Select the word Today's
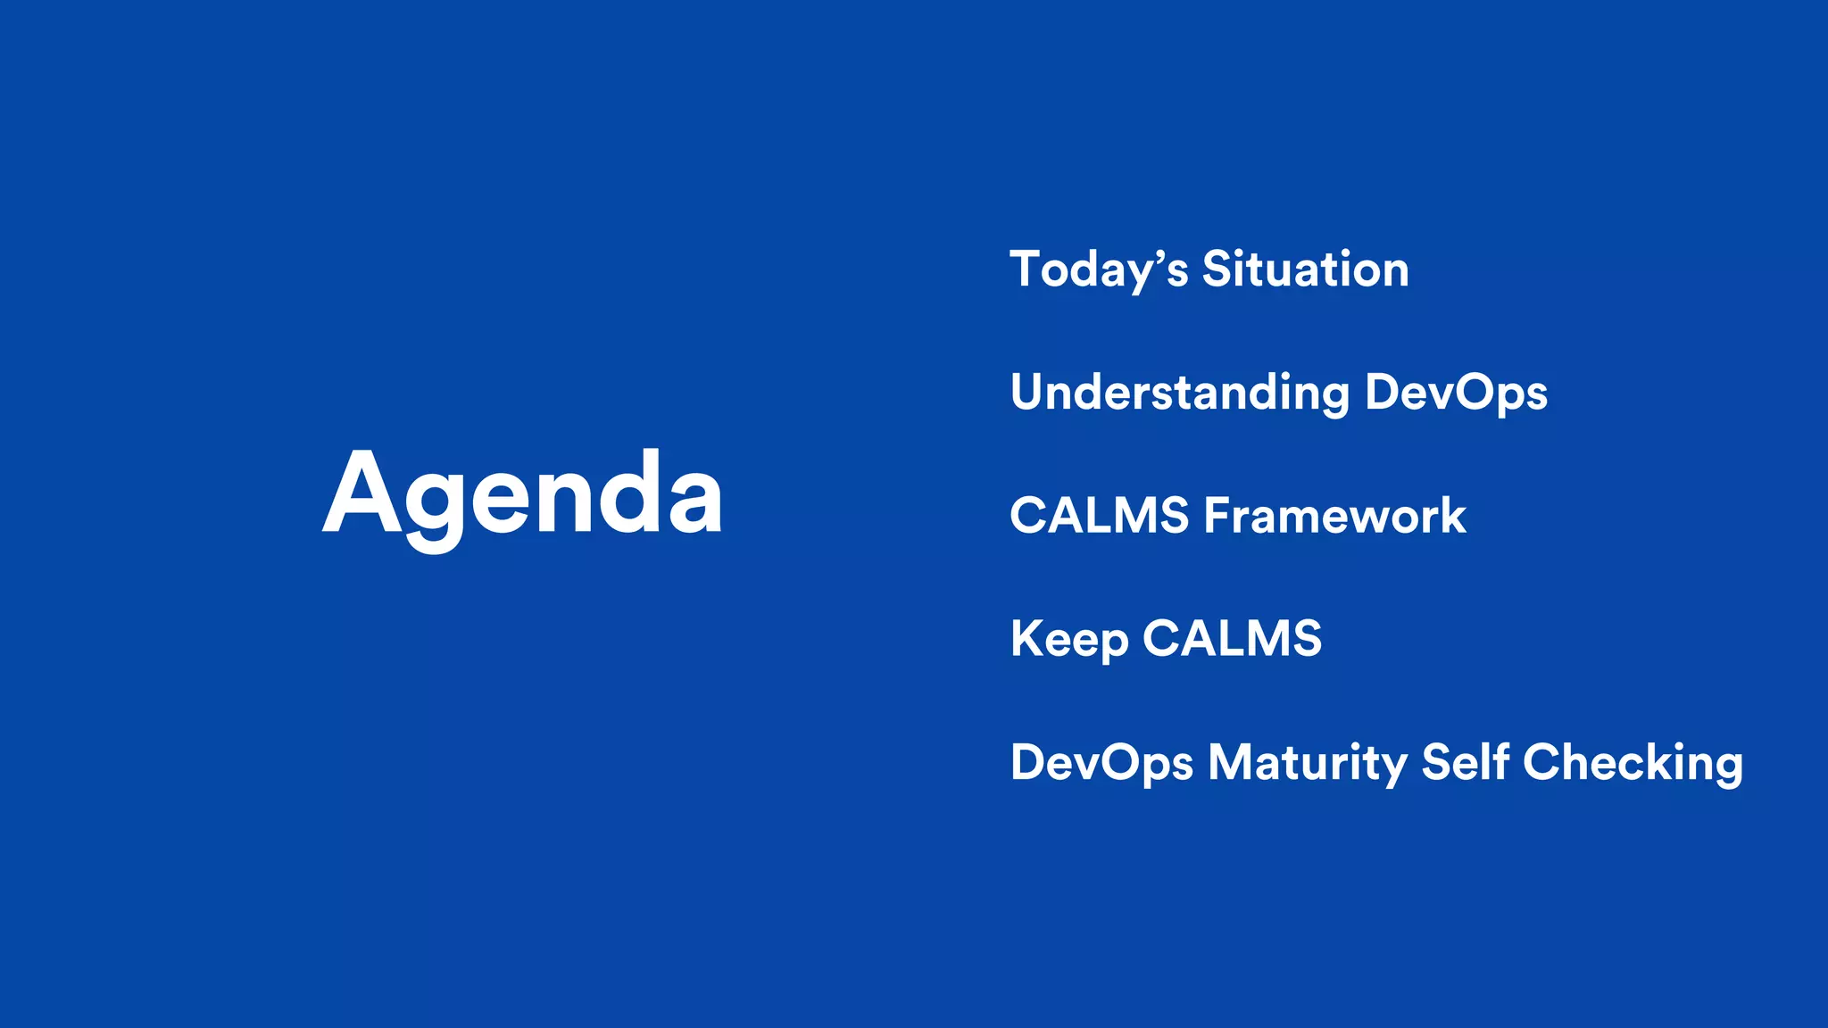pyautogui.click(x=1099, y=270)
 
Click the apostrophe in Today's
pyautogui.click(x=1159, y=257)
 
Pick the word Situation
pyautogui.click(x=1305, y=269)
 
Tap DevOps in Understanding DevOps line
pyautogui.click(x=1456, y=394)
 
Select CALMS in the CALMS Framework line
pyautogui.click(x=1099, y=516)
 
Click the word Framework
pyautogui.click(x=1334, y=516)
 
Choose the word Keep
pyautogui.click(x=1069, y=640)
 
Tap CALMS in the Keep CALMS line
pyautogui.click(x=1232, y=639)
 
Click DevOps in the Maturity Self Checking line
pyautogui.click(x=1101, y=763)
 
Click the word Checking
pyautogui.click(x=1633, y=763)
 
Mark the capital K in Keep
pyautogui.click(x=1026, y=639)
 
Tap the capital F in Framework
pyautogui.click(x=1216, y=516)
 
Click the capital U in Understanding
pyautogui.click(x=1027, y=393)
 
